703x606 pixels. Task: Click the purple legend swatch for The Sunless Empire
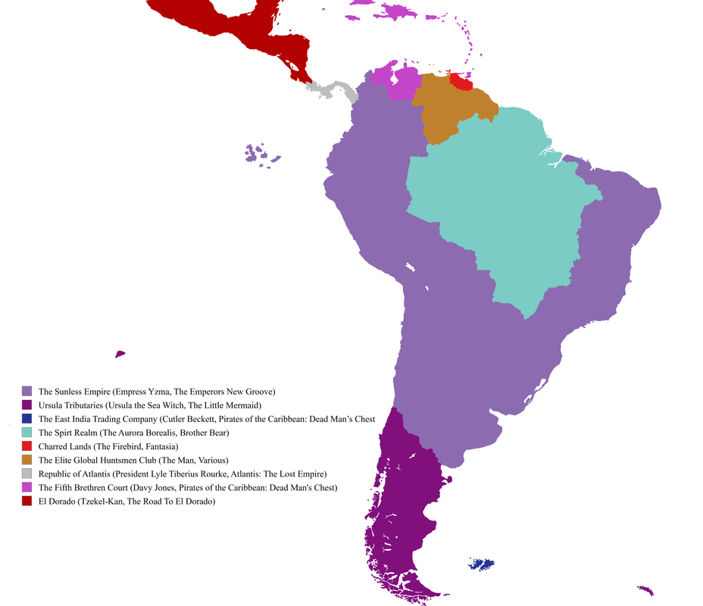[x=27, y=392]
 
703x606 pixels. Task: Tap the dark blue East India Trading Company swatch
[x=27, y=419]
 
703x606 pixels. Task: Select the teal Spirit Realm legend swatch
[x=27, y=433]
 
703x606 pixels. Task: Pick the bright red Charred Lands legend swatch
[x=27, y=446]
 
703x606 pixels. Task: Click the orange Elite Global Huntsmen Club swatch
[x=27, y=460]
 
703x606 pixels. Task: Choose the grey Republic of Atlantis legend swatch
[x=27, y=473]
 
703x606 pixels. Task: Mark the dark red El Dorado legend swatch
[x=27, y=501]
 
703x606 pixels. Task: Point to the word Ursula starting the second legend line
[x=52, y=405]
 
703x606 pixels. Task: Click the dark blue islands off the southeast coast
[x=482, y=564]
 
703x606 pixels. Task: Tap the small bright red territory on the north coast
[x=461, y=81]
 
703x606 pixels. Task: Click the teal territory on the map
[x=500, y=205]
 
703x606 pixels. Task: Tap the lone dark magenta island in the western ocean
[x=120, y=354]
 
